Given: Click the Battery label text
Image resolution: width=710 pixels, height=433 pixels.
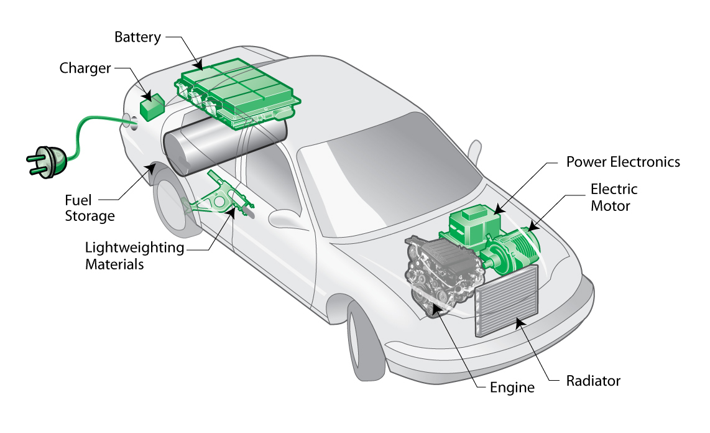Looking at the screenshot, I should coord(137,37).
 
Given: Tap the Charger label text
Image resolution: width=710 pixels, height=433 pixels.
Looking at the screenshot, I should coord(85,68).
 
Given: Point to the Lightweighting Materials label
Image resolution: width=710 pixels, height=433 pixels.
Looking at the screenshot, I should coord(134,256).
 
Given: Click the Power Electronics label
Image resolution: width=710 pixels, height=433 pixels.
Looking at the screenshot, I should coord(623,162).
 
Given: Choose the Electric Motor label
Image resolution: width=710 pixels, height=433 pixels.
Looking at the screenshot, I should coord(614,197).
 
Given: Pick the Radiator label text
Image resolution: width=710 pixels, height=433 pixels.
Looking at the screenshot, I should coord(593,381).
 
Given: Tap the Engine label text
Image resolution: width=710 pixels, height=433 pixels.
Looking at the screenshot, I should coord(512,388).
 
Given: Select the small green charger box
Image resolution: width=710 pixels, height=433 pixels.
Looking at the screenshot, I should coord(151,108).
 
